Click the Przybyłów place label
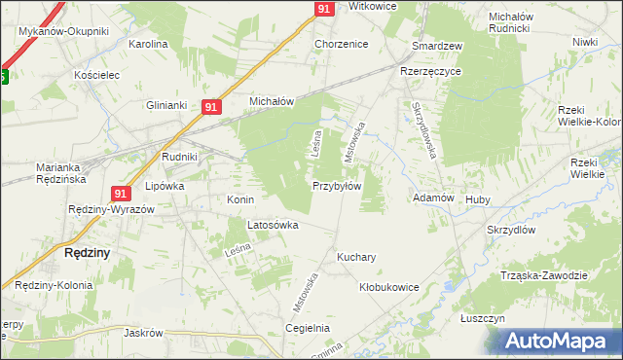pos(337,186)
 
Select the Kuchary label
pos(356,258)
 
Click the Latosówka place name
pos(273,225)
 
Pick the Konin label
pos(240,199)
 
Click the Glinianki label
pos(165,105)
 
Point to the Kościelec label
pos(95,75)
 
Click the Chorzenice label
pos(340,45)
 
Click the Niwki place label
pos(584,42)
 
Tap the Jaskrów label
pos(142,332)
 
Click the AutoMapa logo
pos(560,341)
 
